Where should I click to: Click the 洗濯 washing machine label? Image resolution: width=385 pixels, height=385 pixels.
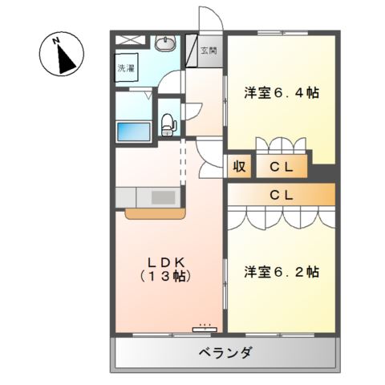tap(127, 69)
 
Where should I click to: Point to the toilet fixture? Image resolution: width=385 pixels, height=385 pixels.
tap(168, 123)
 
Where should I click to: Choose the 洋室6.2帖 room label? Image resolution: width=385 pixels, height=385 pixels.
tap(282, 271)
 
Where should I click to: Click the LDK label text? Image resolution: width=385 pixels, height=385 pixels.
tap(167, 261)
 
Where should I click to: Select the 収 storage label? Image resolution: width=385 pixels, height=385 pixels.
tap(239, 167)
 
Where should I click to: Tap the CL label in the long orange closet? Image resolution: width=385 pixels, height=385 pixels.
tap(280, 195)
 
